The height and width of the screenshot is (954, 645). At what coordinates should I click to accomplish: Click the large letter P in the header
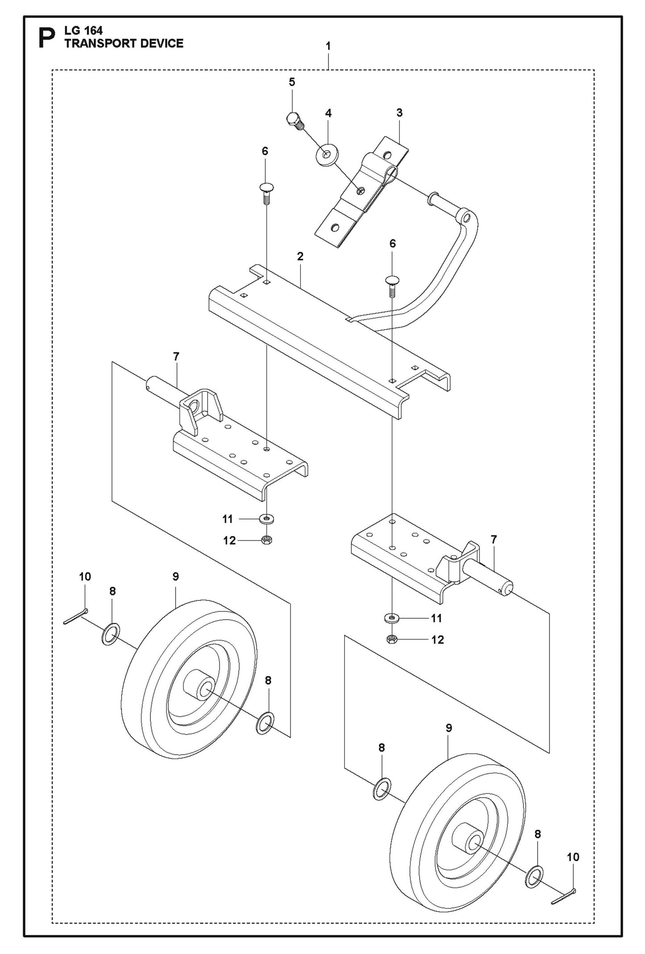[47, 38]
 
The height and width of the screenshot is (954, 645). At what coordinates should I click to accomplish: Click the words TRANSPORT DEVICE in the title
[124, 43]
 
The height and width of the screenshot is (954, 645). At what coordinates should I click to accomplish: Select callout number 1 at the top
[328, 46]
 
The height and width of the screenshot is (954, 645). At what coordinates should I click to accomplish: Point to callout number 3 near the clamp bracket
[399, 113]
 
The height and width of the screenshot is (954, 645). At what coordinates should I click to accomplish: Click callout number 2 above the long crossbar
[300, 256]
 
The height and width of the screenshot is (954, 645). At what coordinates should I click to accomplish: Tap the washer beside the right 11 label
[392, 618]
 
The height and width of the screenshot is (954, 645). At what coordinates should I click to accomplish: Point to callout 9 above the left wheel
[175, 577]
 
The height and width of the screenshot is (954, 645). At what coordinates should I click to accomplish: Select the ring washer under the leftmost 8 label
[112, 634]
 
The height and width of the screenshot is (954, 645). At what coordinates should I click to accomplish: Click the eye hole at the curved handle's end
[466, 218]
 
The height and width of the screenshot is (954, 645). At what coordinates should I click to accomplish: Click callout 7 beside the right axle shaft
[493, 540]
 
